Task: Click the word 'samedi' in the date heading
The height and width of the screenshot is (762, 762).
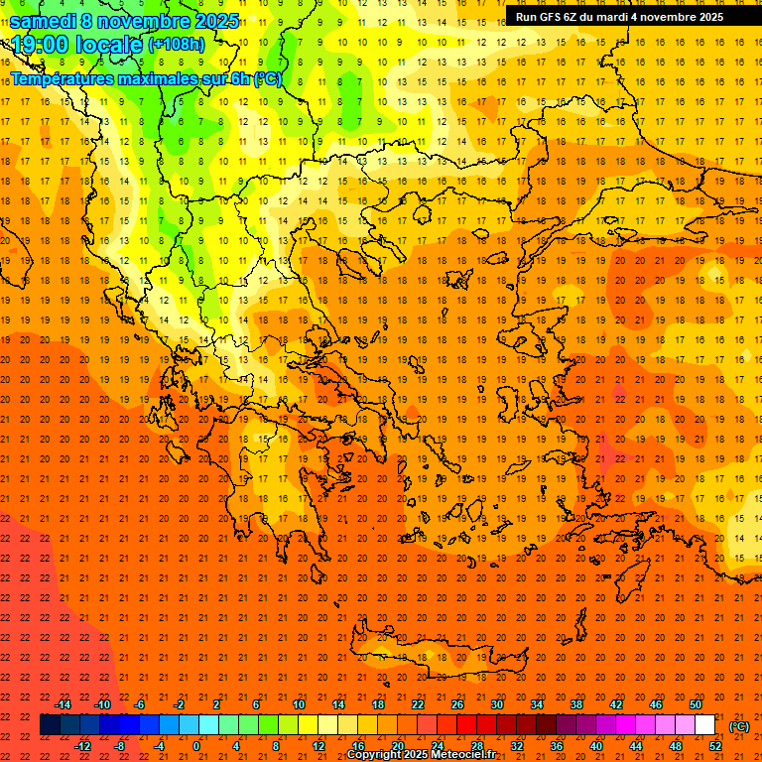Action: (x=45, y=21)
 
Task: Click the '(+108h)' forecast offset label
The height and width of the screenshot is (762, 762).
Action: (x=176, y=45)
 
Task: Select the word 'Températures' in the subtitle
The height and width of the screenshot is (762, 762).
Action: (x=67, y=78)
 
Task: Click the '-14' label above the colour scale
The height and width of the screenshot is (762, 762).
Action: (x=63, y=704)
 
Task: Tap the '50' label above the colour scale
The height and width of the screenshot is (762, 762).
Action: (x=697, y=704)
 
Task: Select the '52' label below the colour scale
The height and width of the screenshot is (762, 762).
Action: (x=715, y=746)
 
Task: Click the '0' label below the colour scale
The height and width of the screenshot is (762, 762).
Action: (x=195, y=746)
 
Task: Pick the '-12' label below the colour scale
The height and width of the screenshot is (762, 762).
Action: (x=82, y=746)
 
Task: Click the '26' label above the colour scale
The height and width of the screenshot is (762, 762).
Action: (x=457, y=704)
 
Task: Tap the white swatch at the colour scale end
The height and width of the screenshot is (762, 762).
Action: (x=704, y=725)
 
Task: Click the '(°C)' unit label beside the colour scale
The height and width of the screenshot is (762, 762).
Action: (x=739, y=726)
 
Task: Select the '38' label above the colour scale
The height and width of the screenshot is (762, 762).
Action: (x=576, y=704)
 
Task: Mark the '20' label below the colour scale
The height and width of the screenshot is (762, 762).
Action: (x=397, y=746)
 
